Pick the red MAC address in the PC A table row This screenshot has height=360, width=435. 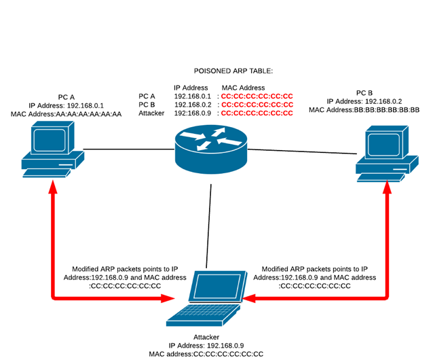[x=257, y=96]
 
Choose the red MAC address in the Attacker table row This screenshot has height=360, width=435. [x=257, y=113]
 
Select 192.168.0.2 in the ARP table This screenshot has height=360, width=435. [x=193, y=105]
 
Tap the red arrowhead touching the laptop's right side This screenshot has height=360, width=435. [x=250, y=298]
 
